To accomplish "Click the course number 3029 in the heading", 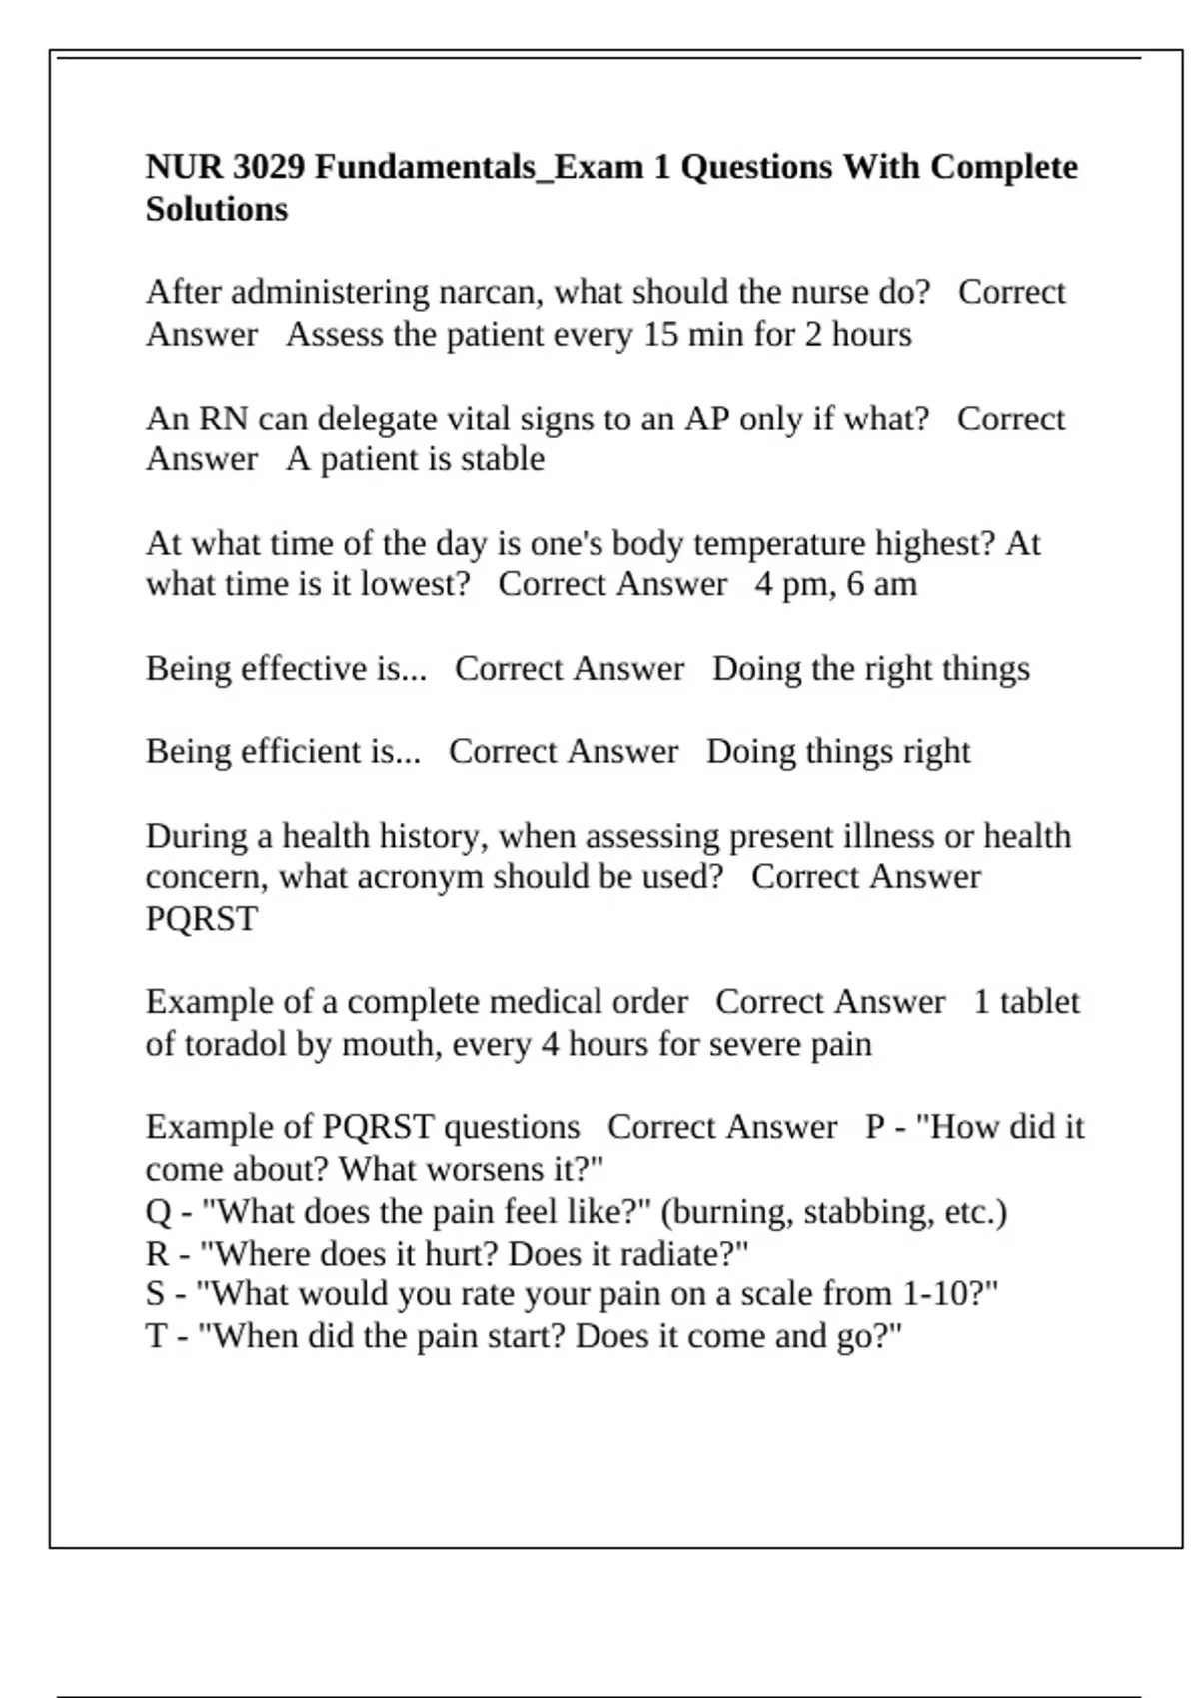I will pyautogui.click(x=268, y=167).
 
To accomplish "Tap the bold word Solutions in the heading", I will pyautogui.click(x=216, y=209).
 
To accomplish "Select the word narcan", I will pyautogui.click(x=491, y=292).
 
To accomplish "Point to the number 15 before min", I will pyautogui.click(x=660, y=334).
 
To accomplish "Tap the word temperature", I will pyautogui.click(x=780, y=543).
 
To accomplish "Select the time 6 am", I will pyautogui.click(x=882, y=584).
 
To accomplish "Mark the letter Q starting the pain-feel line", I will pyautogui.click(x=158, y=1212).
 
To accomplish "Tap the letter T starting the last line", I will pyautogui.click(x=157, y=1336).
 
